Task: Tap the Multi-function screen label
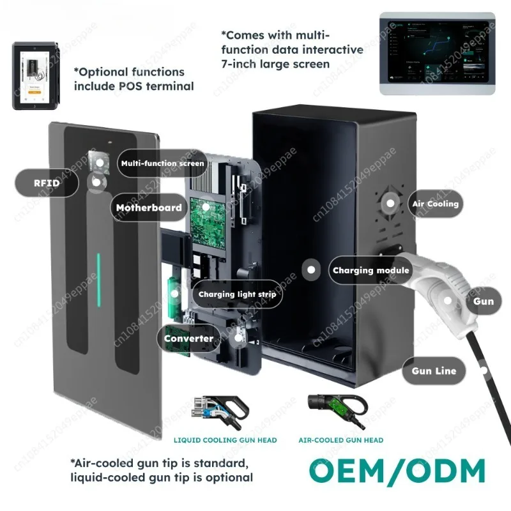click(162, 164)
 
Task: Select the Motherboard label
click(149, 208)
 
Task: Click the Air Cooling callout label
click(434, 204)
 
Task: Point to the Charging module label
click(370, 270)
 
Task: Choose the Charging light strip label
click(236, 294)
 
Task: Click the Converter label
click(189, 339)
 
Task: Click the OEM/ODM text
click(397, 471)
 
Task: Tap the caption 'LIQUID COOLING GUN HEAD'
click(225, 440)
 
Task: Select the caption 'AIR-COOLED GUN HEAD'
click(341, 440)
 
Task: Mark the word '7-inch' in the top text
click(242, 64)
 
